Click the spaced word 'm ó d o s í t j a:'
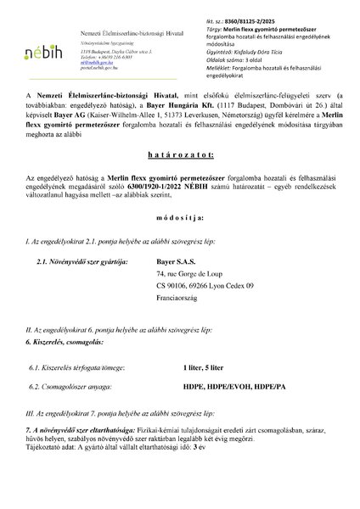[x=179, y=242]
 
